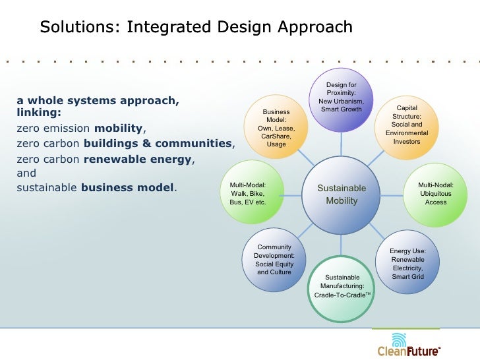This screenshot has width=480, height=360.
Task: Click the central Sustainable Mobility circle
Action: click(x=342, y=195)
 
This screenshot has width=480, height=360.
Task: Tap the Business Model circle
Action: click(x=276, y=128)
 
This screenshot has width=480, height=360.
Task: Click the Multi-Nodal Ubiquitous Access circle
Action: click(x=436, y=194)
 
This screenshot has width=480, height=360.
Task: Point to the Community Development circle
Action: click(x=274, y=260)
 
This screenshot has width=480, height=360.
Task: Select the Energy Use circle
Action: click(x=407, y=262)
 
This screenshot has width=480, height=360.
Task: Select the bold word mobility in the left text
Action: click(x=119, y=129)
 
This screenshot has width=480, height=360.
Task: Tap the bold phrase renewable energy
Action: click(x=138, y=159)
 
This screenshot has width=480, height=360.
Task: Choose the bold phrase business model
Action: click(x=128, y=188)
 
